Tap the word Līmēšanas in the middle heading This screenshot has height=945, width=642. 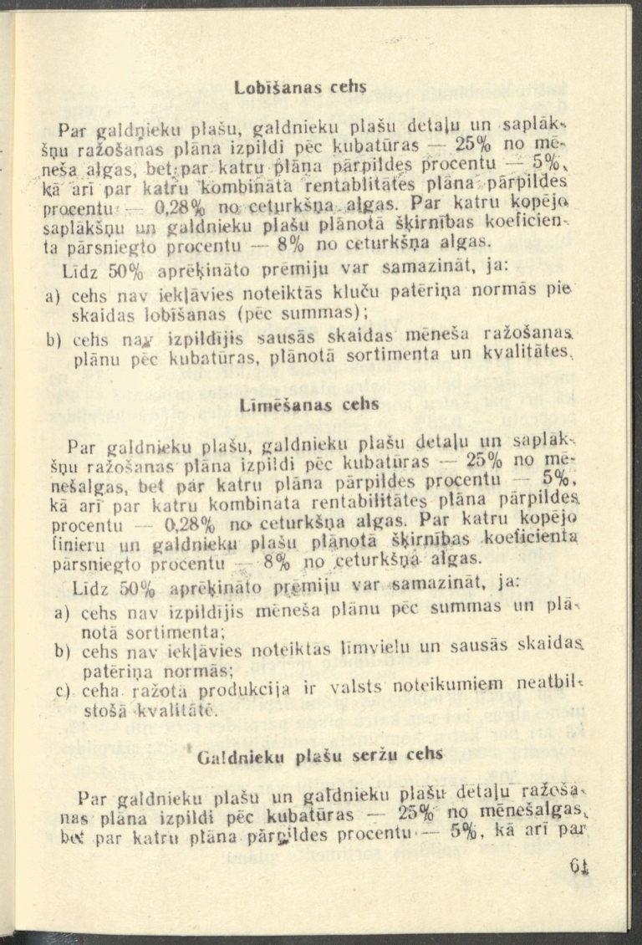pos(273,405)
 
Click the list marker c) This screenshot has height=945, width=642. pos(61,691)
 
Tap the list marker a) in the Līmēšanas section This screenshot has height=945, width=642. pos(61,615)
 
